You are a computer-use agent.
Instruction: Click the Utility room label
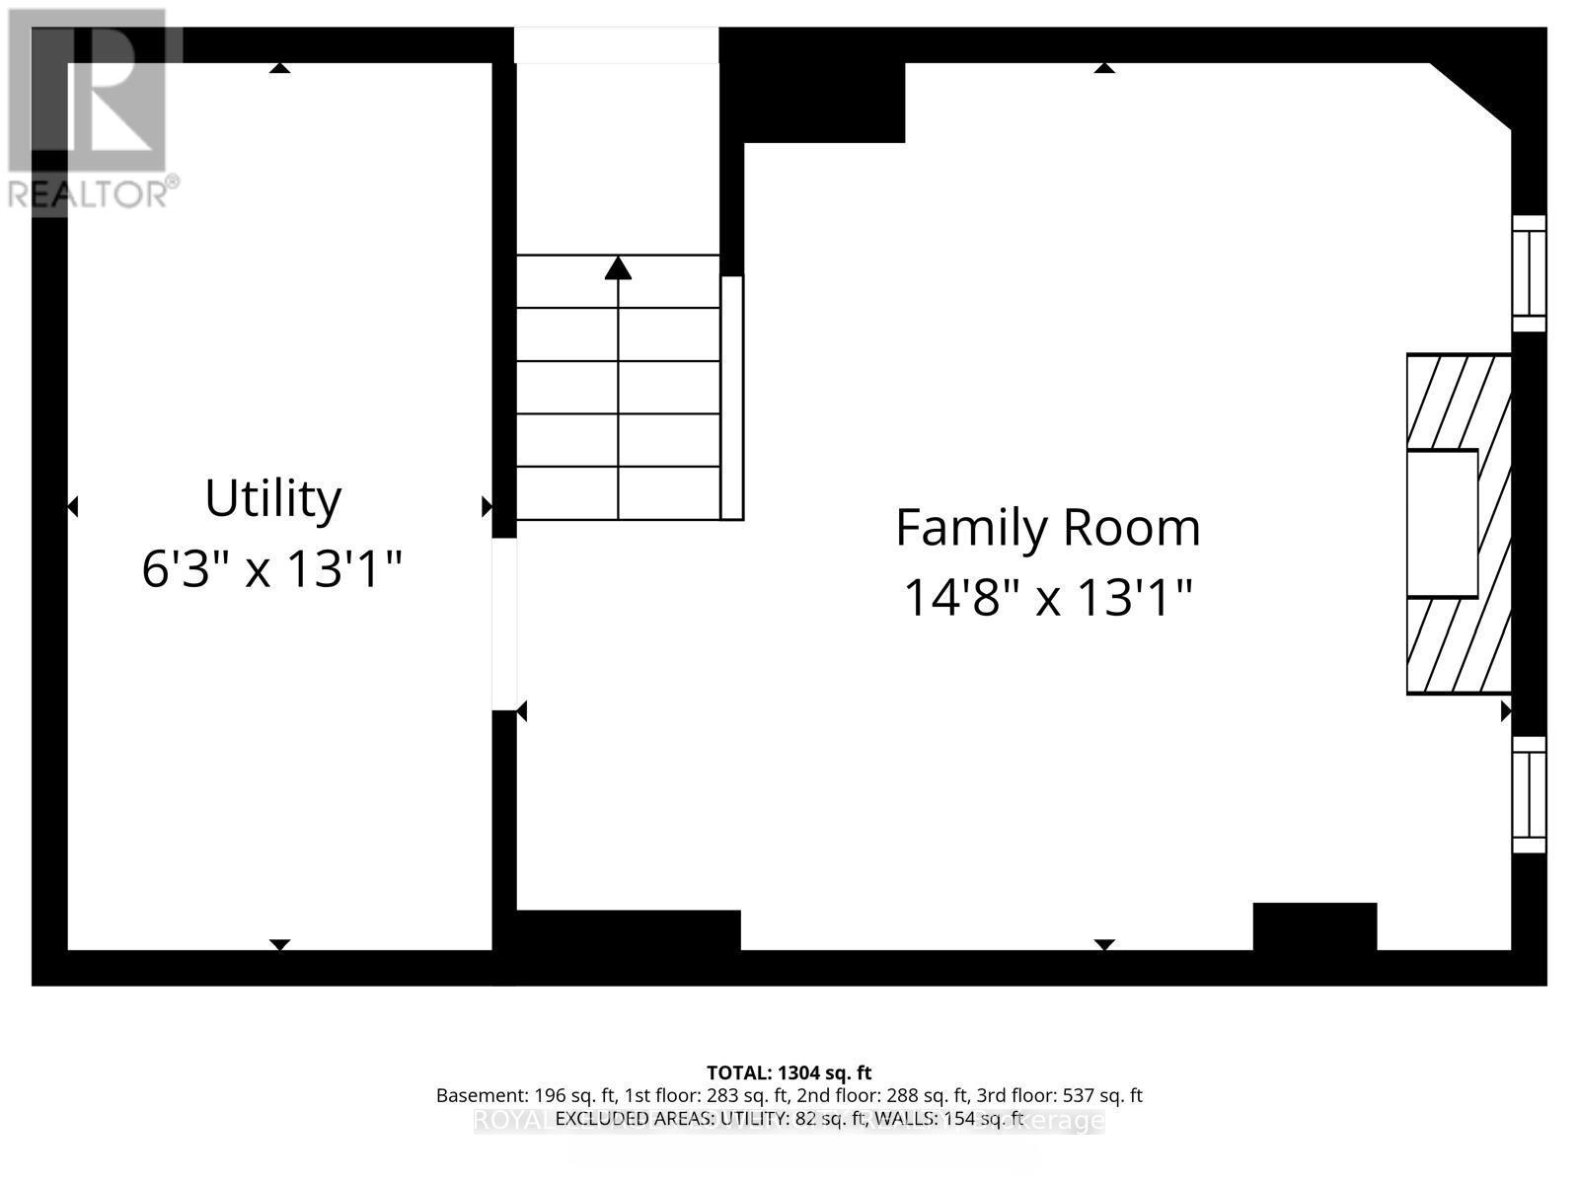[272, 498]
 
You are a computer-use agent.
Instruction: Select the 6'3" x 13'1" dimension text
[272, 569]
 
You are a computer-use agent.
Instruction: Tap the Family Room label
[1047, 528]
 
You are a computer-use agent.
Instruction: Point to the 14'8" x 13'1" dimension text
[1047, 598]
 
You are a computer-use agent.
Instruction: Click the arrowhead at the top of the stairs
[618, 267]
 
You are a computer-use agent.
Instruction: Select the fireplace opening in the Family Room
[1442, 524]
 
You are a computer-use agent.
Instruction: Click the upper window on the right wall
[1529, 273]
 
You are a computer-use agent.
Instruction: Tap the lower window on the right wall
[1529, 794]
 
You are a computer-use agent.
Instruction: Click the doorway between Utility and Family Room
[504, 624]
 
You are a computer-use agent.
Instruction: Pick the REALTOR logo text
[94, 192]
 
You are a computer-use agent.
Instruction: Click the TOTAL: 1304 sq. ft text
[789, 1073]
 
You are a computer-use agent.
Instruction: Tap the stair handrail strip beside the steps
[731, 398]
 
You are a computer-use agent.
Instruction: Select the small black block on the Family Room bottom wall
[1315, 926]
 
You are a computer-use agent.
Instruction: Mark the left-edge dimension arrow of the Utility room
[72, 507]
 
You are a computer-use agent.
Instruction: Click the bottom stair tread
[618, 492]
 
